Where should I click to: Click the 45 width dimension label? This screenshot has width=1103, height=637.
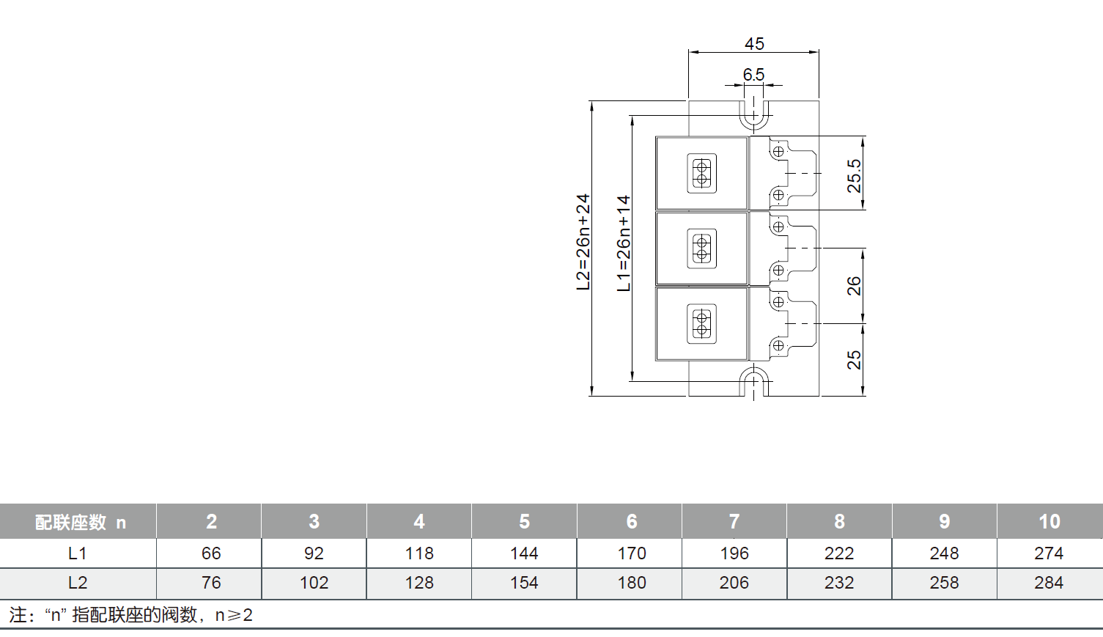point(754,44)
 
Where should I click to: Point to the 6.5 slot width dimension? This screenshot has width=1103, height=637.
point(753,75)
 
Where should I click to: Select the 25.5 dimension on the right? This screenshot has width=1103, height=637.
point(855,176)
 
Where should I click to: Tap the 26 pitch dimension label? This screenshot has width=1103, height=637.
point(855,286)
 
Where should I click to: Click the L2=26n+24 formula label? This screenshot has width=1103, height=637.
point(583,242)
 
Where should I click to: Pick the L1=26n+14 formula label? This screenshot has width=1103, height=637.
point(624,243)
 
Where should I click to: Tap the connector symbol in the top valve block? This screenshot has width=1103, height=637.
point(701,174)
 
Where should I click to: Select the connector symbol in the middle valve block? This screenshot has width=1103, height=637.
point(701,248)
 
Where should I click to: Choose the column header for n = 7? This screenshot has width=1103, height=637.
point(734,521)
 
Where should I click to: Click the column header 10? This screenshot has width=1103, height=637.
point(1049,521)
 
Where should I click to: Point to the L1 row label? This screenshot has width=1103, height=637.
point(78,553)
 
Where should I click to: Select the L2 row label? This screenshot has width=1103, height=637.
point(78,583)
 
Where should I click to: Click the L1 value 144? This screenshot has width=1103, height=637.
point(524,553)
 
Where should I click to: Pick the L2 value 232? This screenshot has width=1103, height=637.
point(839,583)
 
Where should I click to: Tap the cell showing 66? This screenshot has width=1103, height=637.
point(211,553)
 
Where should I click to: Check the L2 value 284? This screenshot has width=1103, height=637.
point(1049,583)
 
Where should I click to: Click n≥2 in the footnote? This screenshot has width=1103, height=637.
point(234,615)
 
